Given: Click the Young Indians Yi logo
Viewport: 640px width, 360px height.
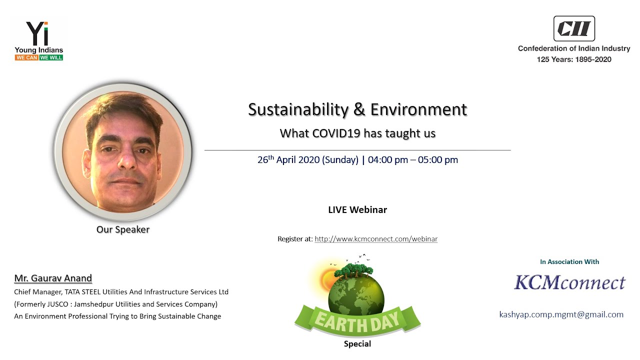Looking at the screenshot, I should tap(38, 34).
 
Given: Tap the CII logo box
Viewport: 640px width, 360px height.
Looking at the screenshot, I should tap(573, 28).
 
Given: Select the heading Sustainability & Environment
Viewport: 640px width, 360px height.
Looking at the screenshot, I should tap(357, 109).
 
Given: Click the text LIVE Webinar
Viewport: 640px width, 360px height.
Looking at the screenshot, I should tap(357, 209).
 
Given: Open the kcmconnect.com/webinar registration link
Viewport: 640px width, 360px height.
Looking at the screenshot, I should tap(376, 239).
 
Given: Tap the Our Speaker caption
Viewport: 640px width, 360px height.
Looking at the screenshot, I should tap(123, 229).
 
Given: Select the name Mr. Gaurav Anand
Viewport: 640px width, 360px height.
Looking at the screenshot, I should tap(53, 278).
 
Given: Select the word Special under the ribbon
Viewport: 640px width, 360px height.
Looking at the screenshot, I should tap(357, 344).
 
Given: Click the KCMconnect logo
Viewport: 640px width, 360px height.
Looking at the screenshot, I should tap(569, 282).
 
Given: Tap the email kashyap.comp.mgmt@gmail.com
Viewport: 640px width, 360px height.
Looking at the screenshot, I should tap(561, 314).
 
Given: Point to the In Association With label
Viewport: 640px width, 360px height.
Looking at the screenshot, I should tap(569, 261).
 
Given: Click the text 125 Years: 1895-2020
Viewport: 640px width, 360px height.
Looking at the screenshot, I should tap(574, 59).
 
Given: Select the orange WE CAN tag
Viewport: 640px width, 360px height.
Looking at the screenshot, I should tap(26, 57).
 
